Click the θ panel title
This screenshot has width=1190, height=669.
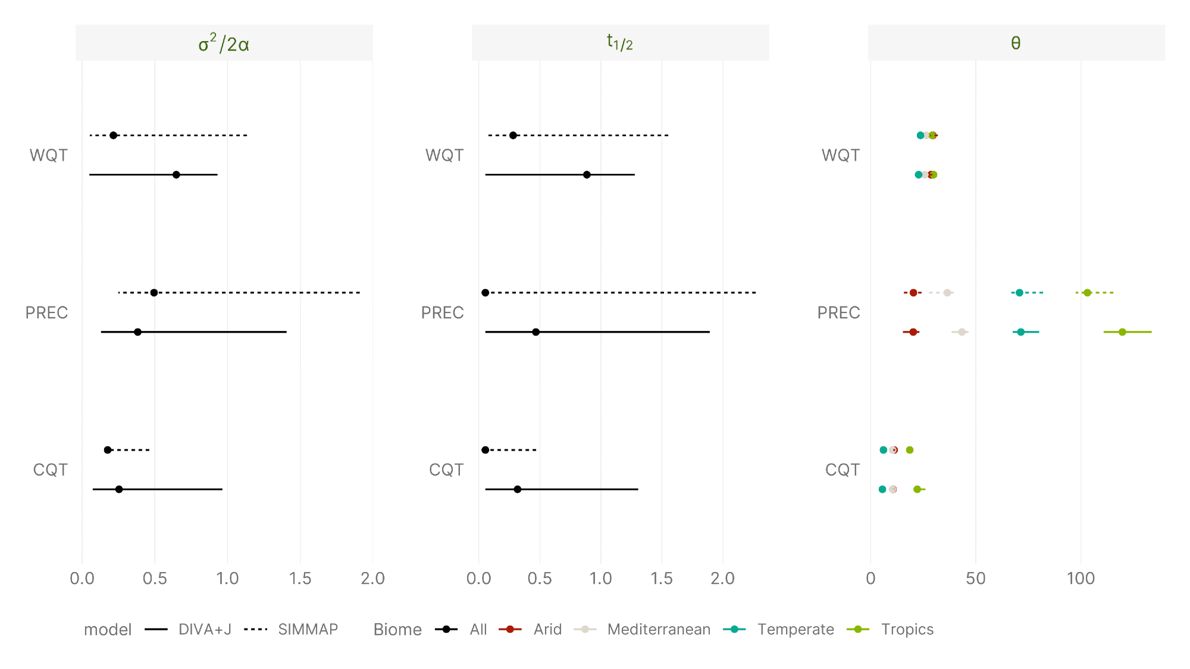[x=1016, y=43]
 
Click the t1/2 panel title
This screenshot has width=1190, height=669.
[x=619, y=43]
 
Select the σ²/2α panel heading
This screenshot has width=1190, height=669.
[x=224, y=43]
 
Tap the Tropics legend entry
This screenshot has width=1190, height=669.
[x=907, y=629]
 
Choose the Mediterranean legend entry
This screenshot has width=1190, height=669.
[x=659, y=629]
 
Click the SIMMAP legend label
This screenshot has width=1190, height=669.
[x=308, y=629]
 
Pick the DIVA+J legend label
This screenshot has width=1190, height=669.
[x=205, y=629]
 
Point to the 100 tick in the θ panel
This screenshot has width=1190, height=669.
[x=1081, y=578]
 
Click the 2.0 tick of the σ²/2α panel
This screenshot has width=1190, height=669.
[x=372, y=578]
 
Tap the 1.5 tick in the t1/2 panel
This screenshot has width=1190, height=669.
[x=662, y=578]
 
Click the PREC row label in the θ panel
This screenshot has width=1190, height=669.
[x=838, y=312]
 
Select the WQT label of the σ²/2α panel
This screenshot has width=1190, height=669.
[x=49, y=155]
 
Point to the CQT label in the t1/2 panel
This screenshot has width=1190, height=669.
[x=446, y=470]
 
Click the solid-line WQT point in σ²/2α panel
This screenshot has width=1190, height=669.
[x=176, y=174]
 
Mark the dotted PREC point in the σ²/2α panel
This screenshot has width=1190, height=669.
[x=154, y=293]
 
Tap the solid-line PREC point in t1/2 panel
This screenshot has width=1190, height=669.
[x=535, y=332]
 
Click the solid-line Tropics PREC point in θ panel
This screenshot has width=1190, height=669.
[x=1122, y=332]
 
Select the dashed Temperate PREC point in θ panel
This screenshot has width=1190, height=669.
[x=1019, y=293]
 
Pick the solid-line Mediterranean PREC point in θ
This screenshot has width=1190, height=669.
[x=962, y=332]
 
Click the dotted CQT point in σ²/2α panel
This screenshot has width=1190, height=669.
[x=108, y=450]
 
